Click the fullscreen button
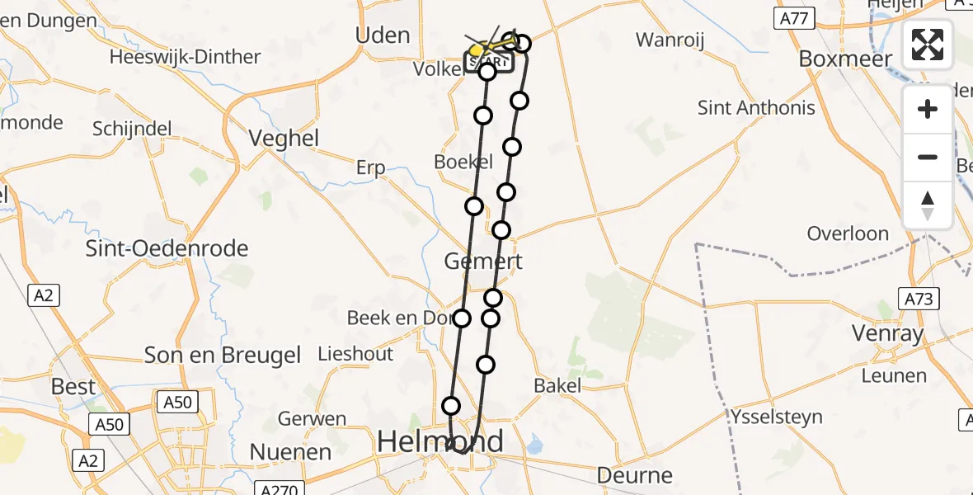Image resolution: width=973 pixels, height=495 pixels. pyautogui.click(x=928, y=45)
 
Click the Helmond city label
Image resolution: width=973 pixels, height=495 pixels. pyautogui.click(x=439, y=441)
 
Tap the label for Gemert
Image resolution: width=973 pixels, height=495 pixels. pyautogui.click(x=483, y=262)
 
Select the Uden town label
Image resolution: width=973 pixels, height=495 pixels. pyautogui.click(x=382, y=35)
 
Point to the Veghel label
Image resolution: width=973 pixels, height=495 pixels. pyautogui.click(x=284, y=138)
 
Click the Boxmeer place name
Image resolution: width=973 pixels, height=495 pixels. pyautogui.click(x=846, y=59)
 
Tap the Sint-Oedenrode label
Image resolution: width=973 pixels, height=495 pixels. pyautogui.click(x=167, y=247)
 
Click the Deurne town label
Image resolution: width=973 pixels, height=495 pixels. pyautogui.click(x=634, y=475)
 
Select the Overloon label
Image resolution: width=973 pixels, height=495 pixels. pyautogui.click(x=848, y=233)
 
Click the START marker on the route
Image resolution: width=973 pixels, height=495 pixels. pyautogui.click(x=489, y=62)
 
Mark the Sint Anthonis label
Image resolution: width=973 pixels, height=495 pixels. pyautogui.click(x=756, y=107)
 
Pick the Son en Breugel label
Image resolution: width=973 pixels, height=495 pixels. pyautogui.click(x=223, y=355)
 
